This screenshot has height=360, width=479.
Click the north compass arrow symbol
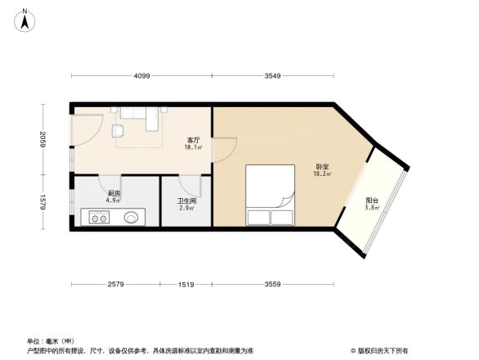tap(26, 19)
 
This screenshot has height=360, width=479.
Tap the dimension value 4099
tap(142, 75)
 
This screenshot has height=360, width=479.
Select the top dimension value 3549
tap(273, 75)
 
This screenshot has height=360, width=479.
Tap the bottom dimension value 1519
tap(186, 284)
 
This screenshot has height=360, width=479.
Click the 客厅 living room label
tap(194, 141)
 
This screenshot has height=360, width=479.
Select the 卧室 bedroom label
tap(322, 167)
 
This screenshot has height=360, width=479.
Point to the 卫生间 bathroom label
tap(187, 200)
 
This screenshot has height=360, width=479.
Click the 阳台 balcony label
tap(372, 200)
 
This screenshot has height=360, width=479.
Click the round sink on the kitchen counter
tap(131, 218)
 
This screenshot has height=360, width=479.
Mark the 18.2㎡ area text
tap(322, 174)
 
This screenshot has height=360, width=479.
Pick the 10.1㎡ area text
tap(194, 148)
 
